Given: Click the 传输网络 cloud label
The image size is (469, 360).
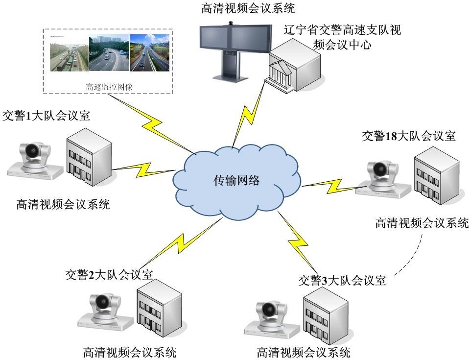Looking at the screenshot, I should click(236, 180).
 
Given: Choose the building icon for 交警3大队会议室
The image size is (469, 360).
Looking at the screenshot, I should click(325, 314).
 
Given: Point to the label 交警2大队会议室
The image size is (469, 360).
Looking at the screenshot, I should click(109, 275).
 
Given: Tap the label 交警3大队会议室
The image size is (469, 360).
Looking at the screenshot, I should click(342, 281).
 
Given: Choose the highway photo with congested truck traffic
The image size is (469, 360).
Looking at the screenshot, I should click(69, 53).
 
